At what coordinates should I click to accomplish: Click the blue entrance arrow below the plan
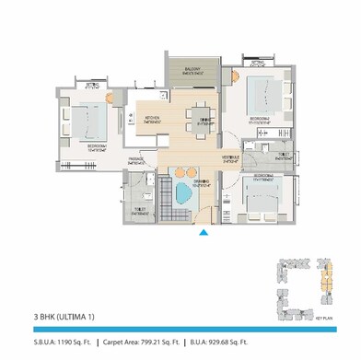coord(204,233)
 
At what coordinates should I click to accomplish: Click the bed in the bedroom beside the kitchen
coord(87,121)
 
